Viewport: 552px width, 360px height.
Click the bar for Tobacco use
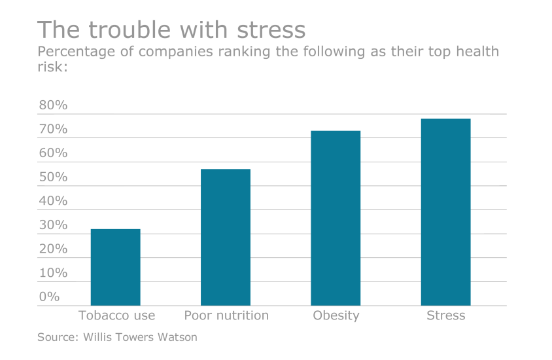115,267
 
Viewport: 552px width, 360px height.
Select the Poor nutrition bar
226,237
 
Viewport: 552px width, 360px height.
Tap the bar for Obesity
336,218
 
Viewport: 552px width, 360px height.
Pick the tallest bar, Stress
445,212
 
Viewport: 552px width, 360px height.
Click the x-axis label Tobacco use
116,315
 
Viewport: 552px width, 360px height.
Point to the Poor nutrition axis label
226,315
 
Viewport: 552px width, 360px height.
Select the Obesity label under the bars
336,315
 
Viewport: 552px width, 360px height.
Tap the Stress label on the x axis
445,315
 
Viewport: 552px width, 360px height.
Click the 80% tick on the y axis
53,105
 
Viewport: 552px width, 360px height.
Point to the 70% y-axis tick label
53,129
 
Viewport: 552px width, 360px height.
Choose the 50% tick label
53,177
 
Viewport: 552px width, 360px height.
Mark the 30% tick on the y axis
53,225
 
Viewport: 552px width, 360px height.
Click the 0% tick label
49,297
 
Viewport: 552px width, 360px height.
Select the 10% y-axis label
53,273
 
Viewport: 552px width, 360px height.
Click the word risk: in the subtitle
52,67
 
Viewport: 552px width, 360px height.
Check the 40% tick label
53,201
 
